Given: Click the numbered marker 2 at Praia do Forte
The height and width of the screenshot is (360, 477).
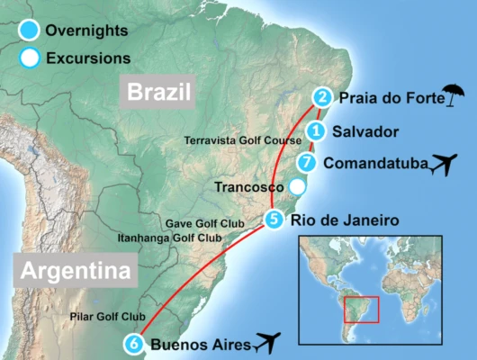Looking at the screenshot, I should point(321,96).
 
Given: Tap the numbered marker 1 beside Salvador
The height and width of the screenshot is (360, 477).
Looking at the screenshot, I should point(315,131).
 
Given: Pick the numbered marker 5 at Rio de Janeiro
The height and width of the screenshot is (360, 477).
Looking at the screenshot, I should point(274,217).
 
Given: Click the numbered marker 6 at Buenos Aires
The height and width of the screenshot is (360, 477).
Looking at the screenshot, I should point(134,342).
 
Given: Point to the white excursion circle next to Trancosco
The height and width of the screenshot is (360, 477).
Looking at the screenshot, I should point(297,187).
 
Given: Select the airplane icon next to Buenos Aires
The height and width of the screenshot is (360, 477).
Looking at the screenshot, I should point(267,342).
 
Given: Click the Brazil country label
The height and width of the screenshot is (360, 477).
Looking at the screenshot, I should point(160,92).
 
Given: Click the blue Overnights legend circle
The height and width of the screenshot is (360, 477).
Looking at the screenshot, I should point(28,31).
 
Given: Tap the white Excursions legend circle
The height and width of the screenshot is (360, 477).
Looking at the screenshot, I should point(28,58).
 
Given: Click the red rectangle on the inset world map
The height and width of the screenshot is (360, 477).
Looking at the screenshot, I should point(361,309).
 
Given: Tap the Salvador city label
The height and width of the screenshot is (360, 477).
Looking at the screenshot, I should point(365,131).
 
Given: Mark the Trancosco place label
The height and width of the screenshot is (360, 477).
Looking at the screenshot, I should point(250,187).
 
